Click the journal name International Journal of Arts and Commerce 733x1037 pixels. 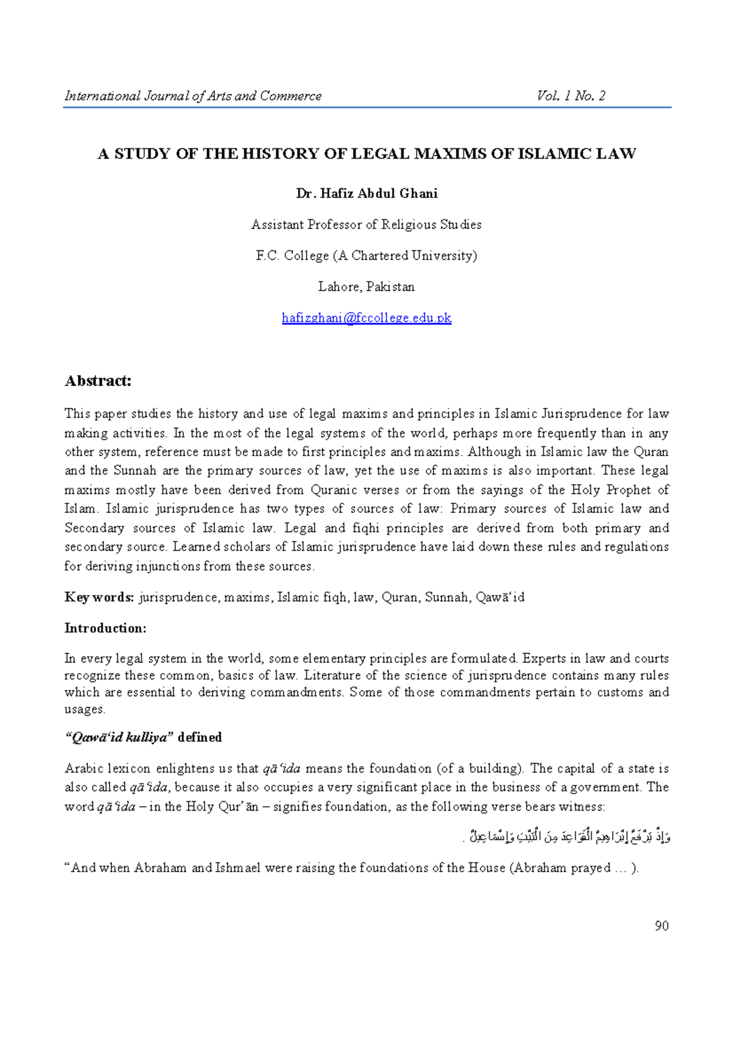point(193,96)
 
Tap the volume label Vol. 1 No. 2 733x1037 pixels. point(571,96)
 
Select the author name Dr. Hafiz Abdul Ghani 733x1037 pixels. point(366,194)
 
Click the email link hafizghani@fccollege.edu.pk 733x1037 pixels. point(366,318)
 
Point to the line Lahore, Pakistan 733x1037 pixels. point(366,286)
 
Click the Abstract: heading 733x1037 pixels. point(98,381)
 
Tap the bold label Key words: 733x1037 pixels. point(99,597)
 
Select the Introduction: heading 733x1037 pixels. point(105,628)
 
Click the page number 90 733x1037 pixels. point(662,926)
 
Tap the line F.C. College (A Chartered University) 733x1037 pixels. point(366,255)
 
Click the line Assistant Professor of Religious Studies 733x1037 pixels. point(366,224)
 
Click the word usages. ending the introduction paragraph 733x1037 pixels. point(85,709)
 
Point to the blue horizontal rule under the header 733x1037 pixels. point(366,107)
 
